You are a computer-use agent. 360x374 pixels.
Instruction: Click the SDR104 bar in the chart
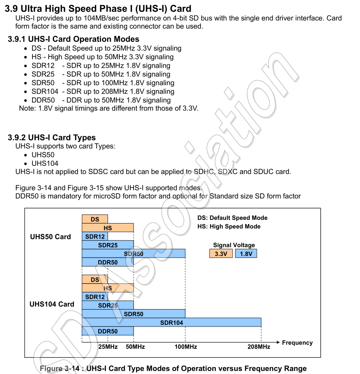171,322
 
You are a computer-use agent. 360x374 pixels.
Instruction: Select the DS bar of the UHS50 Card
95,219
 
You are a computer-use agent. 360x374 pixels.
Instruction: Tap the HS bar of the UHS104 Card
108,288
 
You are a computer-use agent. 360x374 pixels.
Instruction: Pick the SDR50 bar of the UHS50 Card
134,254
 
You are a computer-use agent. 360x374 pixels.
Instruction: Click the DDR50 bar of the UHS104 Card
108,331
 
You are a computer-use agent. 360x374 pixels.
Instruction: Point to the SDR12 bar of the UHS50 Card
95,236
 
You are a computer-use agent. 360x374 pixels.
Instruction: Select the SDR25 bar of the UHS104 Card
108,305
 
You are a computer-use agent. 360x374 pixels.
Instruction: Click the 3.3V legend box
221,254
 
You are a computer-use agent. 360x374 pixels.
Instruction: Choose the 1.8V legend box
246,254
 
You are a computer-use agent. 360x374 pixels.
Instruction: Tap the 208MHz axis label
259,347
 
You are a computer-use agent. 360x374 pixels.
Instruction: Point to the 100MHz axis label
185,347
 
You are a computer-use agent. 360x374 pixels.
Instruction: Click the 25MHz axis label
108,347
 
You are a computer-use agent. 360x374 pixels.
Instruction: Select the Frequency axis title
297,343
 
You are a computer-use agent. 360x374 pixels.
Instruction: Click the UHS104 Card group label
52,304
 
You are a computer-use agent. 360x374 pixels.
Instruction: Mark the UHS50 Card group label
50,237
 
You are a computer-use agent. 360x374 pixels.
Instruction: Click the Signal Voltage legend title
234,245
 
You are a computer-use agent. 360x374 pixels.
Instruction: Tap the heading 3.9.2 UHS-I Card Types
52,138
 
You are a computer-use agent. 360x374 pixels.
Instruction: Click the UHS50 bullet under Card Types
43,155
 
